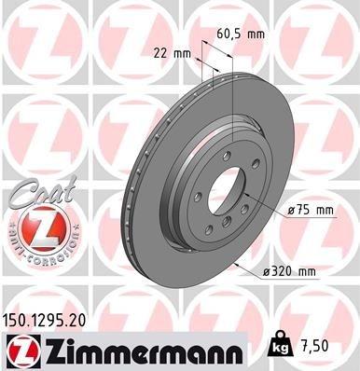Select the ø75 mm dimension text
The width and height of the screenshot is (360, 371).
[x=312, y=211]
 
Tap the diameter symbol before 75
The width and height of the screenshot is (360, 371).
[x=293, y=211]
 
